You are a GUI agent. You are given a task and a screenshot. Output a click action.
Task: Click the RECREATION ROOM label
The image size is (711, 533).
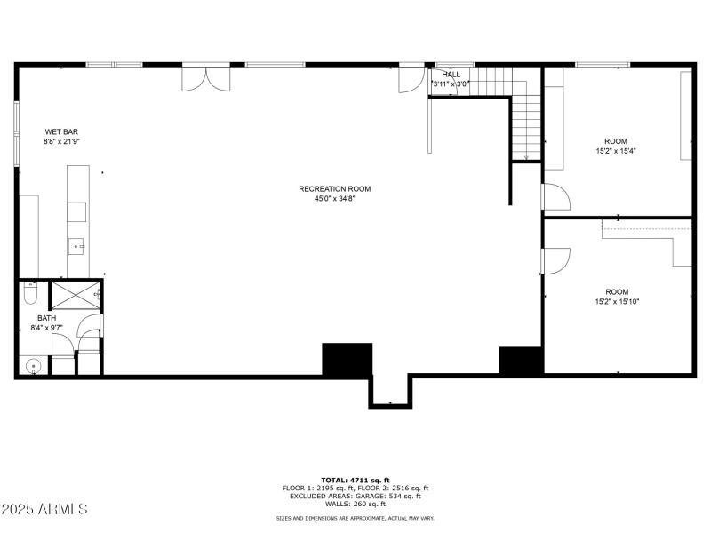click(335, 189)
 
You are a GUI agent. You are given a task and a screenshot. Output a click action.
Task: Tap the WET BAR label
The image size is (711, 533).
click(61, 131)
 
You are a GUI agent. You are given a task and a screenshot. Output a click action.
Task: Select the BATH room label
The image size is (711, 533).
click(47, 318)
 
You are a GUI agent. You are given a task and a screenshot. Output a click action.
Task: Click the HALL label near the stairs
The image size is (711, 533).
click(451, 75)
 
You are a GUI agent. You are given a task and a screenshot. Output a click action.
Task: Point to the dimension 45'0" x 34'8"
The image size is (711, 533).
click(335, 198)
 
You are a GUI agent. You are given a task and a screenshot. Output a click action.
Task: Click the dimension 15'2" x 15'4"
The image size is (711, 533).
click(616, 151)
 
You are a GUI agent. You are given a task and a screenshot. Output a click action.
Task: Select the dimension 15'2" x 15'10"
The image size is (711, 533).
click(617, 301)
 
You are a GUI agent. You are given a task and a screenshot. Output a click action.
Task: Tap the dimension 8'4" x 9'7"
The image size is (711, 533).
click(47, 328)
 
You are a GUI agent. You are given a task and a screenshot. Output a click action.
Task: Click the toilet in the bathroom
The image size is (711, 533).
click(30, 293)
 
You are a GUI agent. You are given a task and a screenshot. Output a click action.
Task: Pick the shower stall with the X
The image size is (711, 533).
click(75, 295)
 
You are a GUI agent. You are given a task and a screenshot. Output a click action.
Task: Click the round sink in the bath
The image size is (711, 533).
click(33, 366)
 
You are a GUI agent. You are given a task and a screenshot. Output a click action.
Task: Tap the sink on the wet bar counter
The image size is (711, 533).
click(76, 247)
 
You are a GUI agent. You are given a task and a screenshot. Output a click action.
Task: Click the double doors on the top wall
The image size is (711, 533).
click(206, 80)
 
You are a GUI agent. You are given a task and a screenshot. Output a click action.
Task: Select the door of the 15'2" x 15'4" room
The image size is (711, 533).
click(556, 196)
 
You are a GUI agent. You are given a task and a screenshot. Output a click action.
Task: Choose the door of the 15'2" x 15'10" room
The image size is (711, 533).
click(555, 261)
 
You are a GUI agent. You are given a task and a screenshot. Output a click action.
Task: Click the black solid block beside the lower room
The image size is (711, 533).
click(522, 361)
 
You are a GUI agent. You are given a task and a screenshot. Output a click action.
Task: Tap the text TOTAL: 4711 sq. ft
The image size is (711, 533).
click(355, 481)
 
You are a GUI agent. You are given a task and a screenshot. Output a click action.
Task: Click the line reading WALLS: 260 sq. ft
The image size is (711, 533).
click(355, 504)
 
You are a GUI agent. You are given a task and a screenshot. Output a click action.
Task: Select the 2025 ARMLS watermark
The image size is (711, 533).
click(44, 508)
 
